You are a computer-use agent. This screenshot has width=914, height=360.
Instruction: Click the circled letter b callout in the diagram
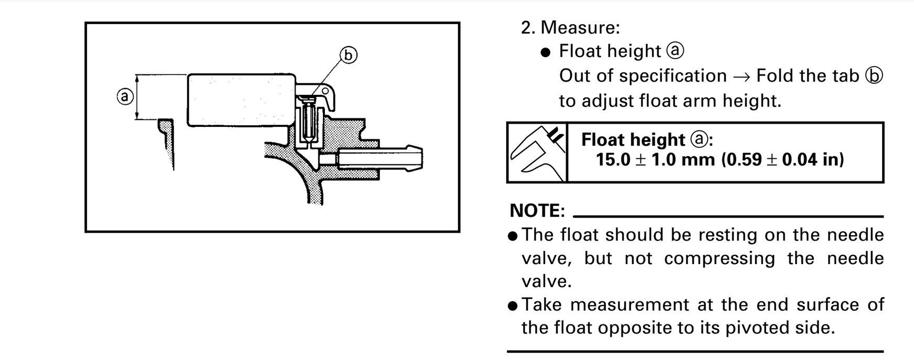[x=349, y=55]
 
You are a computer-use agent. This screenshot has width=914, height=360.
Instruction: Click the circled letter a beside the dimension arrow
[x=125, y=97]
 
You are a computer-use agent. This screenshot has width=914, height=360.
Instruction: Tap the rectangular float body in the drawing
[x=241, y=100]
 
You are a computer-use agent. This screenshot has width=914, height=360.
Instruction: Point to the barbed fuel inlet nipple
[x=380, y=159]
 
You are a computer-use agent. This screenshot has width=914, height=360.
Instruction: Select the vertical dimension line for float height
[x=137, y=97]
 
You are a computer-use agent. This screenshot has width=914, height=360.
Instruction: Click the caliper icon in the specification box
[x=537, y=152]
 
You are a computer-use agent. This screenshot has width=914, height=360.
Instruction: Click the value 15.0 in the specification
[x=613, y=159]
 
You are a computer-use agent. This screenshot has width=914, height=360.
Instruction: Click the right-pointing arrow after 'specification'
[x=742, y=77]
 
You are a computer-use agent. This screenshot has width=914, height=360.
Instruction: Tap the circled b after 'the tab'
[x=873, y=76]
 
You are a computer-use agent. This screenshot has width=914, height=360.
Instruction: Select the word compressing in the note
[x=720, y=258]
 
